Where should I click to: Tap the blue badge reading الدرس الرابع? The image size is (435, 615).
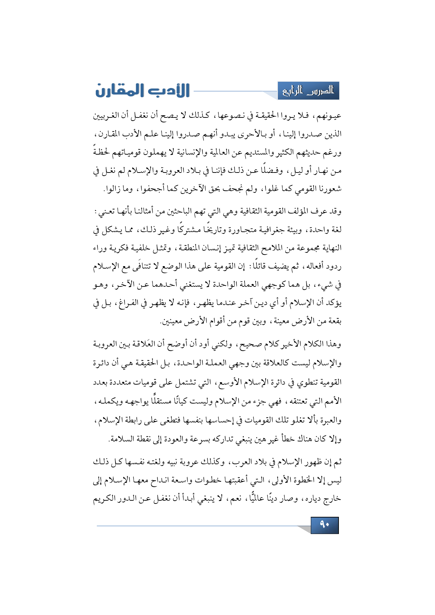[x=308, y=91]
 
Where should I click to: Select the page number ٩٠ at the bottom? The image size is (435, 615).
[x=324, y=525]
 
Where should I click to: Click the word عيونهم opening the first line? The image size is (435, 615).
[x=329, y=115]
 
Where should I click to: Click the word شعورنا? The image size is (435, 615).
[x=329, y=189]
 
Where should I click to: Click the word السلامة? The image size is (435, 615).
[x=121, y=439]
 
